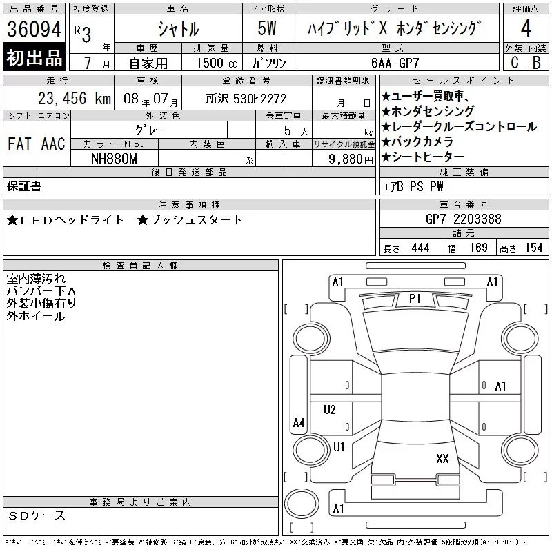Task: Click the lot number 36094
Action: (34, 29)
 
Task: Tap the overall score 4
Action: (526, 28)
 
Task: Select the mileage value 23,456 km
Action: (75, 98)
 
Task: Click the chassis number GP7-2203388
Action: (463, 219)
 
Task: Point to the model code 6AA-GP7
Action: (395, 63)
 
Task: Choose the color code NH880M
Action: (114, 159)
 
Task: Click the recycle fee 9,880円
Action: (351, 159)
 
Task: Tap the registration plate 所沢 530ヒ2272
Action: (246, 99)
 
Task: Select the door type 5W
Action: (267, 28)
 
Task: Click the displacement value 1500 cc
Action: (217, 63)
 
